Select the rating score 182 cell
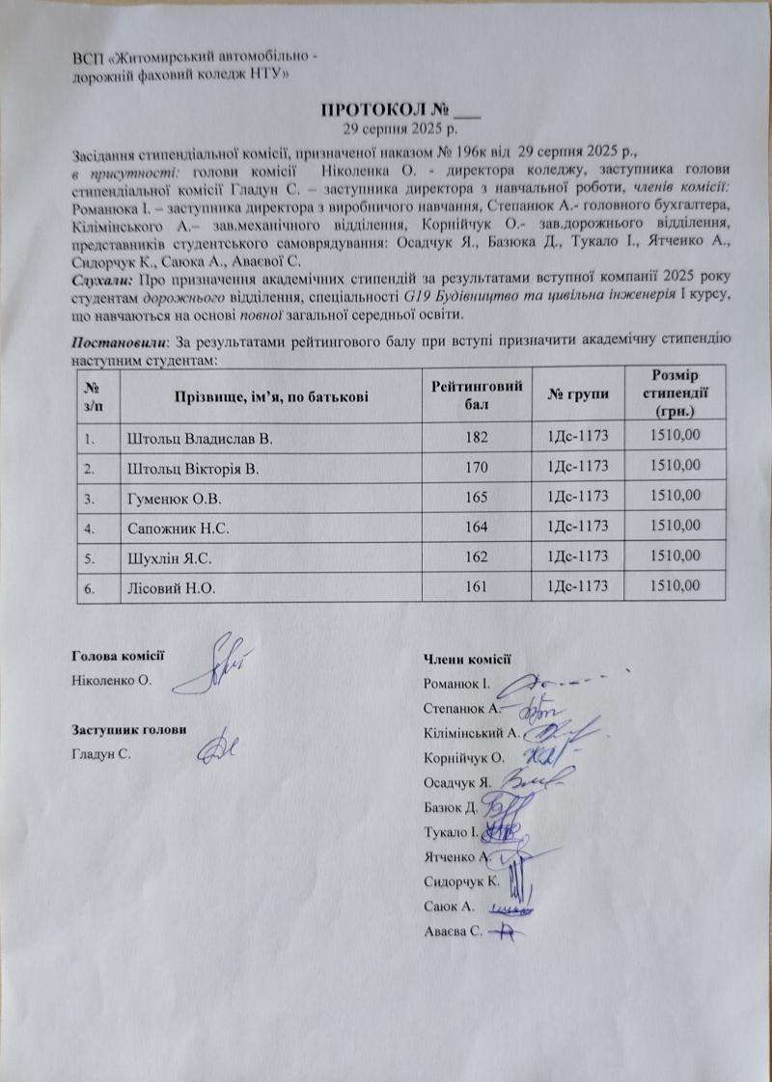point(476,438)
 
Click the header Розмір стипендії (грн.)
point(675,392)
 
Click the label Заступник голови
point(128,729)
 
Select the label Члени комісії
point(466,660)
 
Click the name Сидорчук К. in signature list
point(461,881)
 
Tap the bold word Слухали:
point(103,280)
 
